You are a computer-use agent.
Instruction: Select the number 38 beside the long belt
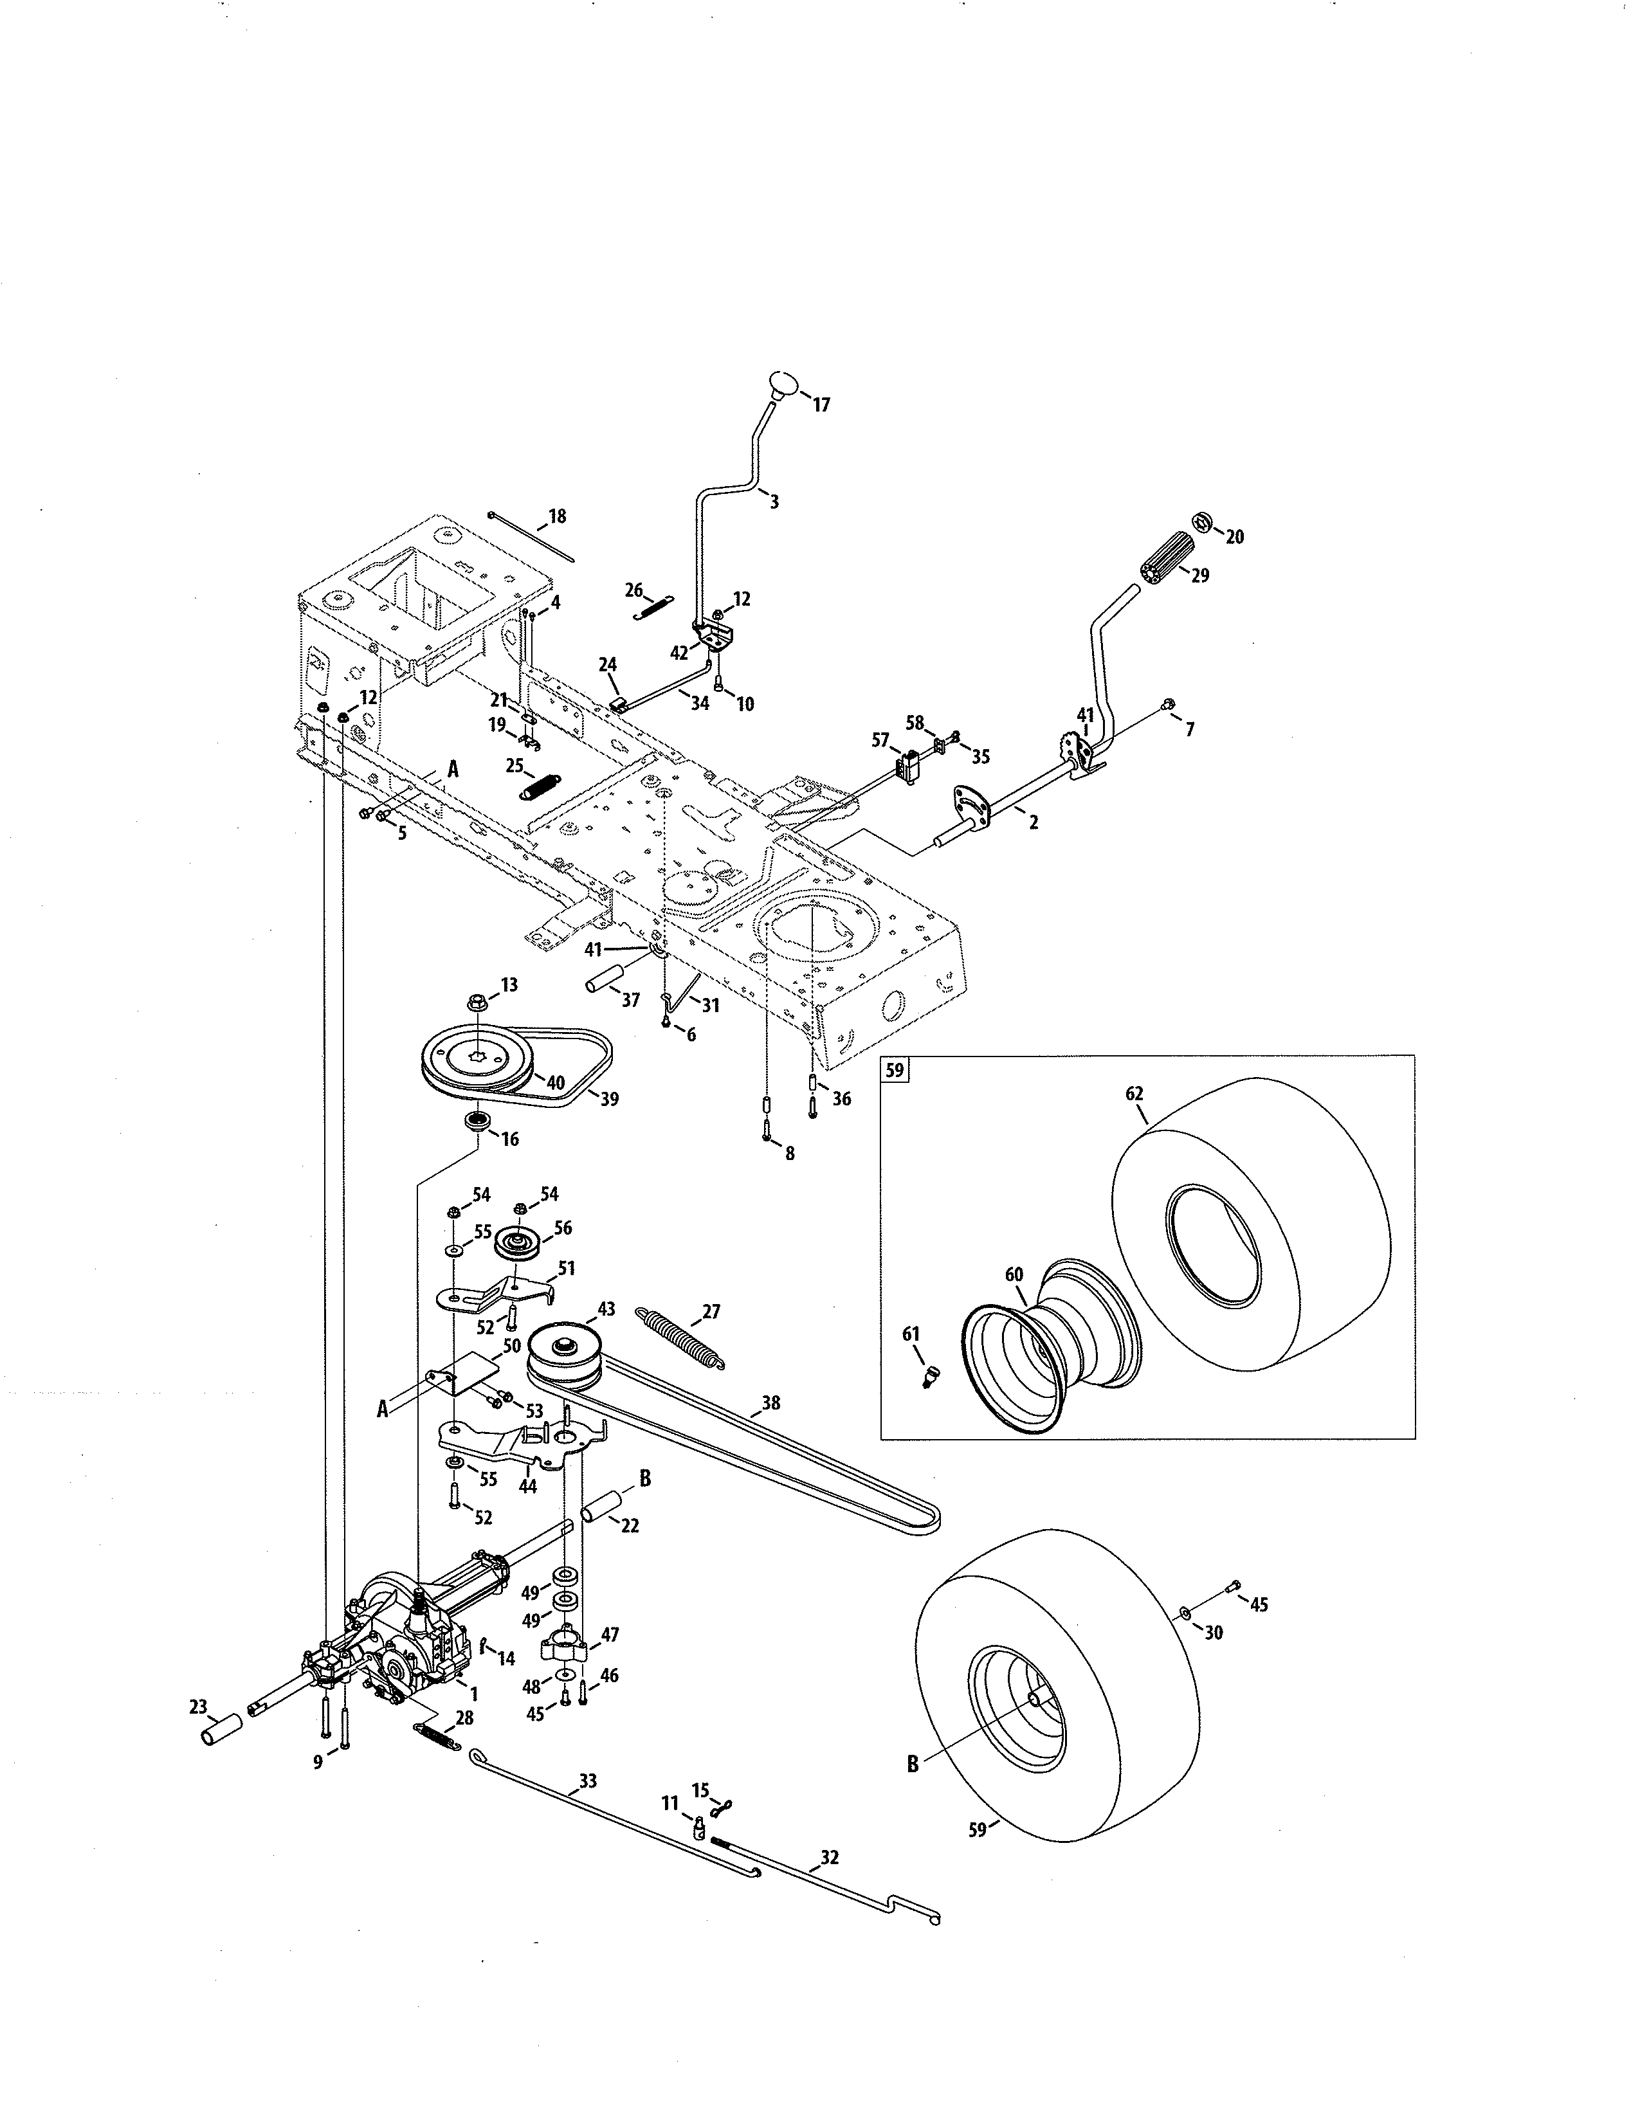pyautogui.click(x=770, y=1403)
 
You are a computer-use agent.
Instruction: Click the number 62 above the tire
pyautogui.click(x=1134, y=1093)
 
